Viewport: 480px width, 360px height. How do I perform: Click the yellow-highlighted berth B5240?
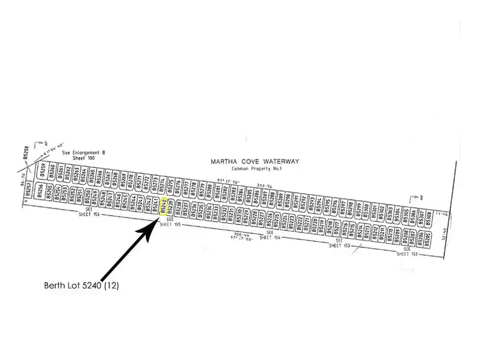coord(164,207)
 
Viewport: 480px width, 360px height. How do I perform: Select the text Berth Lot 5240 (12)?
coord(82,286)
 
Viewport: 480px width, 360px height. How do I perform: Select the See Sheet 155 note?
coord(170,223)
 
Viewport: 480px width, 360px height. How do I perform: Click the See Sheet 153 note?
coord(339,244)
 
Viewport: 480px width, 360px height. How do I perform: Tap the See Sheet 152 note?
coord(406,252)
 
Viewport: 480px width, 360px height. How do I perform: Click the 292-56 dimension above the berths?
coord(264,187)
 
